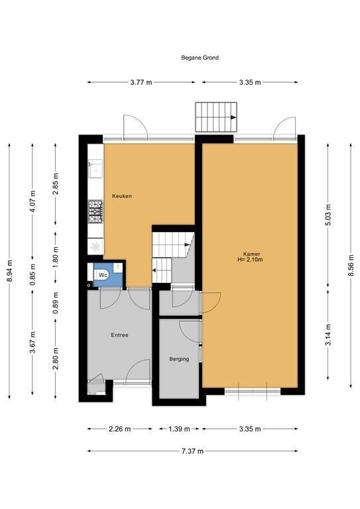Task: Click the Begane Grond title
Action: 200,58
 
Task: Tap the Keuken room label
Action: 122,196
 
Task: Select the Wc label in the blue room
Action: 103,275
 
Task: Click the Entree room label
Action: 119,335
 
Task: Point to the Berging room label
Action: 179,359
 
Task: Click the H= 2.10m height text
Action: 250,260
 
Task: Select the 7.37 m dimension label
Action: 192,451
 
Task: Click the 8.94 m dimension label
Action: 9,271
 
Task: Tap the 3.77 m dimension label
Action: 141,82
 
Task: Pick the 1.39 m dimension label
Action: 179,429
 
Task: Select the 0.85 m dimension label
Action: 32,274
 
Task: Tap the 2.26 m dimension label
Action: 119,429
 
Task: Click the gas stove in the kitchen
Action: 95,212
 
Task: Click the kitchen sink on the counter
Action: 96,168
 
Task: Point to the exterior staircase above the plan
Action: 216,117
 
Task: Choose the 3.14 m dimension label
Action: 328,335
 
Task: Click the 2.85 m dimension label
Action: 56,184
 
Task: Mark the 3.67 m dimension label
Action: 32,343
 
